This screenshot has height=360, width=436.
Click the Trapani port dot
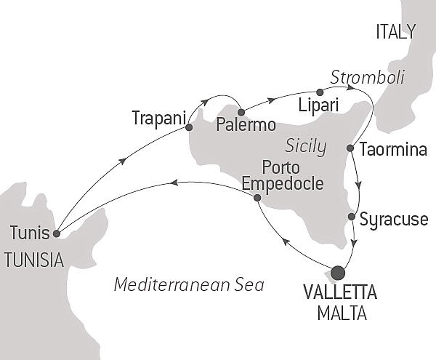(x=189, y=127)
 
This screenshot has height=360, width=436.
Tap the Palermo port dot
(x=241, y=112)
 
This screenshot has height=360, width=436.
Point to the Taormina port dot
(x=350, y=148)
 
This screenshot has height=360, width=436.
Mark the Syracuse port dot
(x=352, y=216)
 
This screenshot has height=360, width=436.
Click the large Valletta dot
(x=338, y=273)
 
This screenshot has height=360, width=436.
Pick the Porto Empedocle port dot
(x=257, y=196)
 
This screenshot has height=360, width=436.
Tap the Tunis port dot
(x=57, y=233)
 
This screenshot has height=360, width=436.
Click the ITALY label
(x=395, y=31)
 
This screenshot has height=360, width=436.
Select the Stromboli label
(x=367, y=76)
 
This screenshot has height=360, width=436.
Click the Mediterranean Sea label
(x=188, y=284)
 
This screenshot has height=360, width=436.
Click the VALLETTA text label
(x=339, y=295)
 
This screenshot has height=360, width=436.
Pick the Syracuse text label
(x=394, y=219)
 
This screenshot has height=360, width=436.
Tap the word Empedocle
(x=283, y=184)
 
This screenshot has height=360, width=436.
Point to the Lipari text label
(x=319, y=106)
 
